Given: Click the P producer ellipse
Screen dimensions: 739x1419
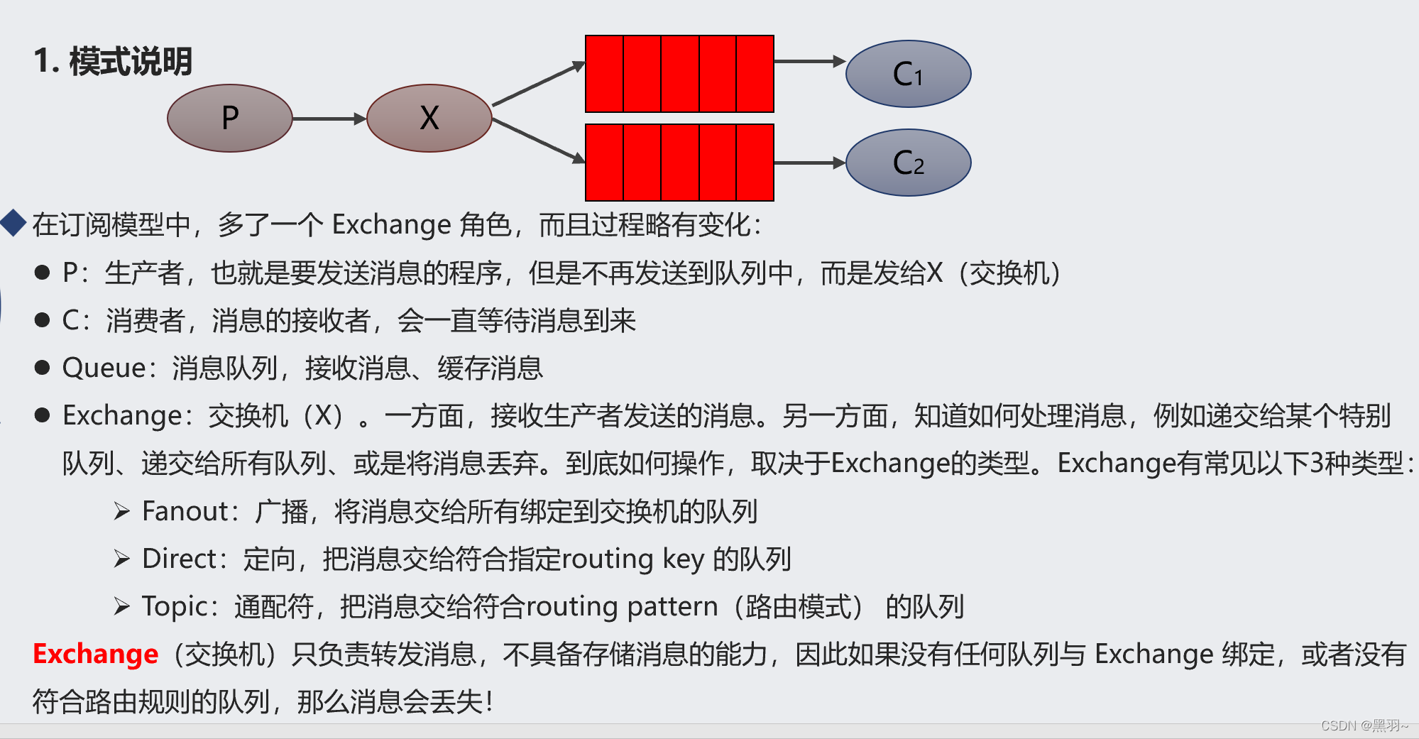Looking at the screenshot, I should (x=229, y=118).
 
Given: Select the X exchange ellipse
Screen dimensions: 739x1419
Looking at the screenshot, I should (x=429, y=118).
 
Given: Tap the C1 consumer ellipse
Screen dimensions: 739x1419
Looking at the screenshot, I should (x=908, y=74).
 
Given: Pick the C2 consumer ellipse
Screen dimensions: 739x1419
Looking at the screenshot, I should (x=908, y=163).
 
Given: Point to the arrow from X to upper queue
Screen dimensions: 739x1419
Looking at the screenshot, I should (x=538, y=84).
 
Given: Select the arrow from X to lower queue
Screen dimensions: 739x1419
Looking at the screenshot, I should (x=538, y=141).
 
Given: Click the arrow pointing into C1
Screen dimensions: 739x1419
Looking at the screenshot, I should (x=809, y=62).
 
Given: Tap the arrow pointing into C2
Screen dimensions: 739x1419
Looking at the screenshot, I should (x=809, y=163).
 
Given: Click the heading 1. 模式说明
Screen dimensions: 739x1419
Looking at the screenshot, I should (x=113, y=61).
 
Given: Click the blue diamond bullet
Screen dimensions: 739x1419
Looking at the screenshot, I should (x=13, y=223).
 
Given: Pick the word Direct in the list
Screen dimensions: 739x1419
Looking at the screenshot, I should (x=179, y=559).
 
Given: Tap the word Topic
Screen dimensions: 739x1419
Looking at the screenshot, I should (x=175, y=607).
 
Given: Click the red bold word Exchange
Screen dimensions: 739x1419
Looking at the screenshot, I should (x=96, y=654).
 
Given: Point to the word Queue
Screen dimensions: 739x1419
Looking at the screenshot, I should (x=104, y=368).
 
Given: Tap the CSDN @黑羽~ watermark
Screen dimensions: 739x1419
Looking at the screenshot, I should (x=1364, y=726).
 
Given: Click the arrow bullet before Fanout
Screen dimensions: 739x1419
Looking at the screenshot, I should (x=122, y=511).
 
